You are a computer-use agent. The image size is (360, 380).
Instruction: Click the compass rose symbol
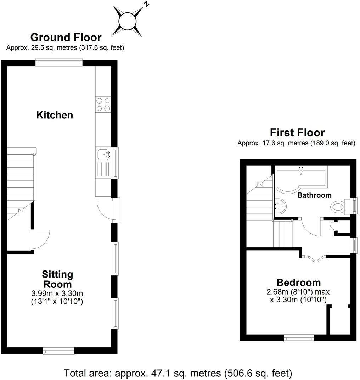click(x=127, y=21)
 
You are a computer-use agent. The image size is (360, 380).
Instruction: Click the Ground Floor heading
click(x=66, y=37)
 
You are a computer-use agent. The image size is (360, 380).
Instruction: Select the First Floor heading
click(x=297, y=133)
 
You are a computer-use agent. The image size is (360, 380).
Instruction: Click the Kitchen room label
click(x=55, y=115)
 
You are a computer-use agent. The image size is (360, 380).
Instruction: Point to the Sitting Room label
click(x=57, y=279)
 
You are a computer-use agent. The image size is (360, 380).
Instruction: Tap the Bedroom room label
click(x=299, y=283)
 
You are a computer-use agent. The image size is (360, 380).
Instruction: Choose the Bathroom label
click(x=314, y=195)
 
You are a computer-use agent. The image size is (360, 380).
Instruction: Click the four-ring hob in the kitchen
click(x=103, y=105)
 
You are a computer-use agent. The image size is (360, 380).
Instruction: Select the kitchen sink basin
click(x=103, y=155)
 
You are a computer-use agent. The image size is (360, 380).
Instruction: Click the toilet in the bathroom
click(x=338, y=206)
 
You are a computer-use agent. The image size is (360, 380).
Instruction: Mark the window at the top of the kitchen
click(x=59, y=62)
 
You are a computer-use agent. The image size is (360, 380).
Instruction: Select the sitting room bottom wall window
click(x=58, y=351)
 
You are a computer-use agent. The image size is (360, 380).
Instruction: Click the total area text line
click(x=178, y=373)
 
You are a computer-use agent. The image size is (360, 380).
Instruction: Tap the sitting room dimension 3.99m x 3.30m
click(x=57, y=294)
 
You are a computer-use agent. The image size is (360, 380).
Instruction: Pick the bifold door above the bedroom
click(x=315, y=258)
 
